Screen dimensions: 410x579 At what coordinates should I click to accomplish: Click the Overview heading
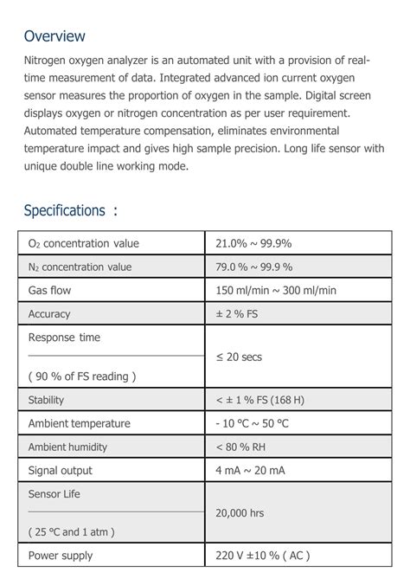pyautogui.click(x=54, y=36)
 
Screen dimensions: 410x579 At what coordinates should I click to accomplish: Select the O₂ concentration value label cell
pyautogui.click(x=83, y=243)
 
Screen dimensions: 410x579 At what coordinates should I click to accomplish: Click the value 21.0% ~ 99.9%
pyautogui.click(x=253, y=243)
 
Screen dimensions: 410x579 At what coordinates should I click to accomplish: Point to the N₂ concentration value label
pyautogui.click(x=80, y=267)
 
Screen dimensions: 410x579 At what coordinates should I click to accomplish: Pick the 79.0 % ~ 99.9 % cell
pyautogui.click(x=254, y=267)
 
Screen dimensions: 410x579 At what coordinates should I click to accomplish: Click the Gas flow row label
pyautogui.click(x=49, y=290)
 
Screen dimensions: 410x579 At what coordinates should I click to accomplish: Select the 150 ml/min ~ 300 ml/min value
pyautogui.click(x=276, y=290)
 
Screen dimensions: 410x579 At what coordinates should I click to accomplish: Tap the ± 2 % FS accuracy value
pyautogui.click(x=237, y=314)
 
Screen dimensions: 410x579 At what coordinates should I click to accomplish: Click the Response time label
pyautogui.click(x=64, y=338)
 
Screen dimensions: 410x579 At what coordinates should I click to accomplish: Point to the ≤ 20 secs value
pyautogui.click(x=239, y=357)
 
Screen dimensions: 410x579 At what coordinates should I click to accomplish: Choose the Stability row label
pyautogui.click(x=46, y=400)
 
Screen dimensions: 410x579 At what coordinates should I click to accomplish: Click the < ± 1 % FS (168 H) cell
pyautogui.click(x=259, y=400)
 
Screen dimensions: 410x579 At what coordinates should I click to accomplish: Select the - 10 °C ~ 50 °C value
pyautogui.click(x=253, y=423)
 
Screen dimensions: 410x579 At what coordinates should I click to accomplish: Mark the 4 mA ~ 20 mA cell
pyautogui.click(x=250, y=470)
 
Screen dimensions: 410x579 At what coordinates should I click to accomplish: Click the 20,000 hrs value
pyautogui.click(x=240, y=513)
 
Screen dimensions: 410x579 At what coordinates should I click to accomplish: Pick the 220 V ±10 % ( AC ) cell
pyautogui.click(x=262, y=556)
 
